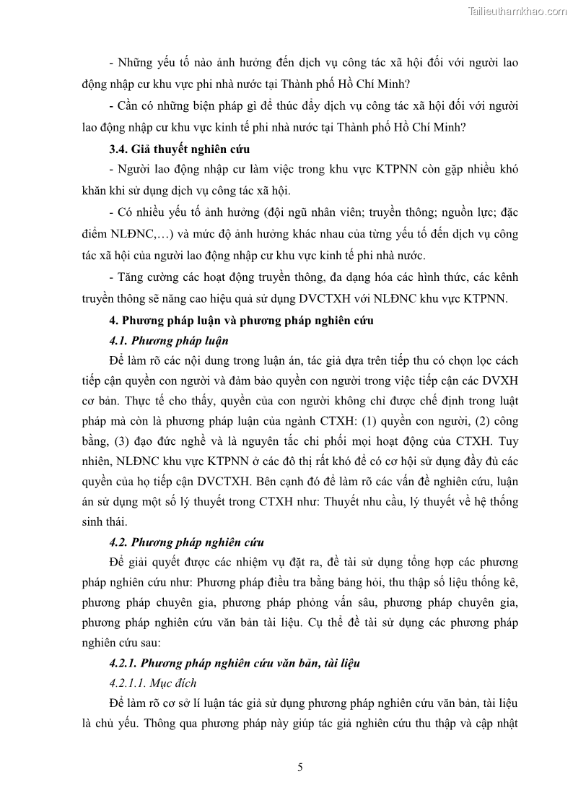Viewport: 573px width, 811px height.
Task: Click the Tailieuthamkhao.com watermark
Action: (517, 11)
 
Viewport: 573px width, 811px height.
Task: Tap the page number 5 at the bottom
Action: (299, 768)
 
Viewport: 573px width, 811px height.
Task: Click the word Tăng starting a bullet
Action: (130, 277)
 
